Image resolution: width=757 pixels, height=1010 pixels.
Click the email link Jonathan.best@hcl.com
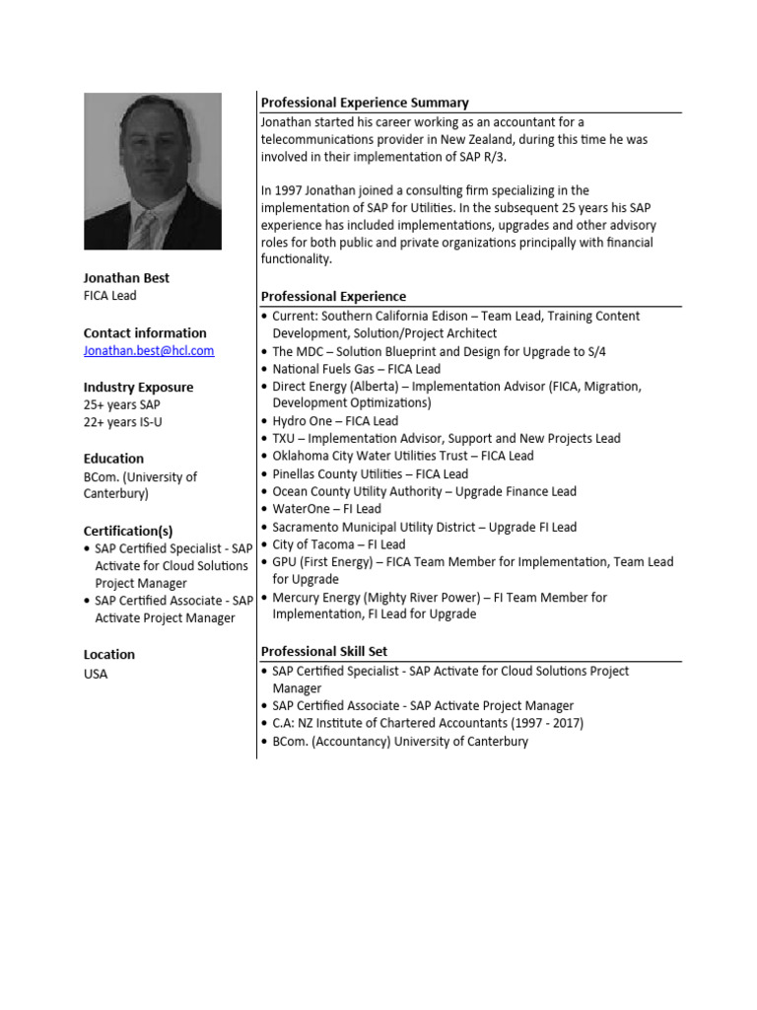(148, 351)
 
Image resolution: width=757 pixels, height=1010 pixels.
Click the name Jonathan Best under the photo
(125, 279)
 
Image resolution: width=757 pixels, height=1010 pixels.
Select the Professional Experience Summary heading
(365, 103)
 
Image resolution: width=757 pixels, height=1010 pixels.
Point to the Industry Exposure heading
(138, 388)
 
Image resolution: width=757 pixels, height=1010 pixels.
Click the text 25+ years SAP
(122, 405)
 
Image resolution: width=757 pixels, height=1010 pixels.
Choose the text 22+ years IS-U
(121, 422)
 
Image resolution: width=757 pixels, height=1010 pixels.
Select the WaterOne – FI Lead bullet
(326, 509)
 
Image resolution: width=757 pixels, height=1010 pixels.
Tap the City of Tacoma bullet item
(339, 544)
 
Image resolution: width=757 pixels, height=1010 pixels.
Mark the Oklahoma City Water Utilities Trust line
(402, 456)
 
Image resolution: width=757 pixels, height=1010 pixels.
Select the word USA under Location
(96, 675)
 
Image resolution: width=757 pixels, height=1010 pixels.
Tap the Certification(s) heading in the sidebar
(128, 531)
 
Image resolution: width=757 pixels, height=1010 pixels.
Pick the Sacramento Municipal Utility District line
(424, 527)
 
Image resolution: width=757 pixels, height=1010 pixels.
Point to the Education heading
(113, 459)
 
